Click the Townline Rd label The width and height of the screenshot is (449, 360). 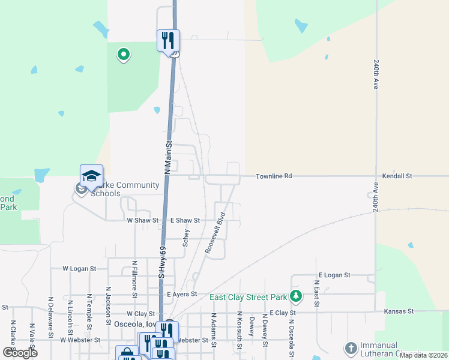pyautogui.click(x=274, y=176)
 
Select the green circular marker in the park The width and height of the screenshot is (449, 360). pyautogui.click(x=124, y=55)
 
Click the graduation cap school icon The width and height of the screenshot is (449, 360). pyautogui.click(x=91, y=176)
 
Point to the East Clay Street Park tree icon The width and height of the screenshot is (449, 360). pyautogui.click(x=295, y=296)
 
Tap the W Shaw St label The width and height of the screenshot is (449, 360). pyautogui.click(x=142, y=221)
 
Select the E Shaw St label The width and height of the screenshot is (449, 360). pyautogui.click(x=185, y=221)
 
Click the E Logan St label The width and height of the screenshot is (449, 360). pyautogui.click(x=334, y=275)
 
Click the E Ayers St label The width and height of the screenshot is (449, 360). pyautogui.click(x=182, y=295)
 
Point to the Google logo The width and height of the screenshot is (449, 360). pyautogui.click(x=20, y=353)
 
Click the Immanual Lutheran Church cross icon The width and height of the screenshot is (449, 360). pyautogui.click(x=351, y=347)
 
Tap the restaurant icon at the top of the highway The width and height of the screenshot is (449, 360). pyautogui.click(x=168, y=41)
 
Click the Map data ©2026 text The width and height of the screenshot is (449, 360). pyautogui.click(x=423, y=355)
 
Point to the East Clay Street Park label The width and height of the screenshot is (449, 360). pyautogui.click(x=247, y=297)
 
